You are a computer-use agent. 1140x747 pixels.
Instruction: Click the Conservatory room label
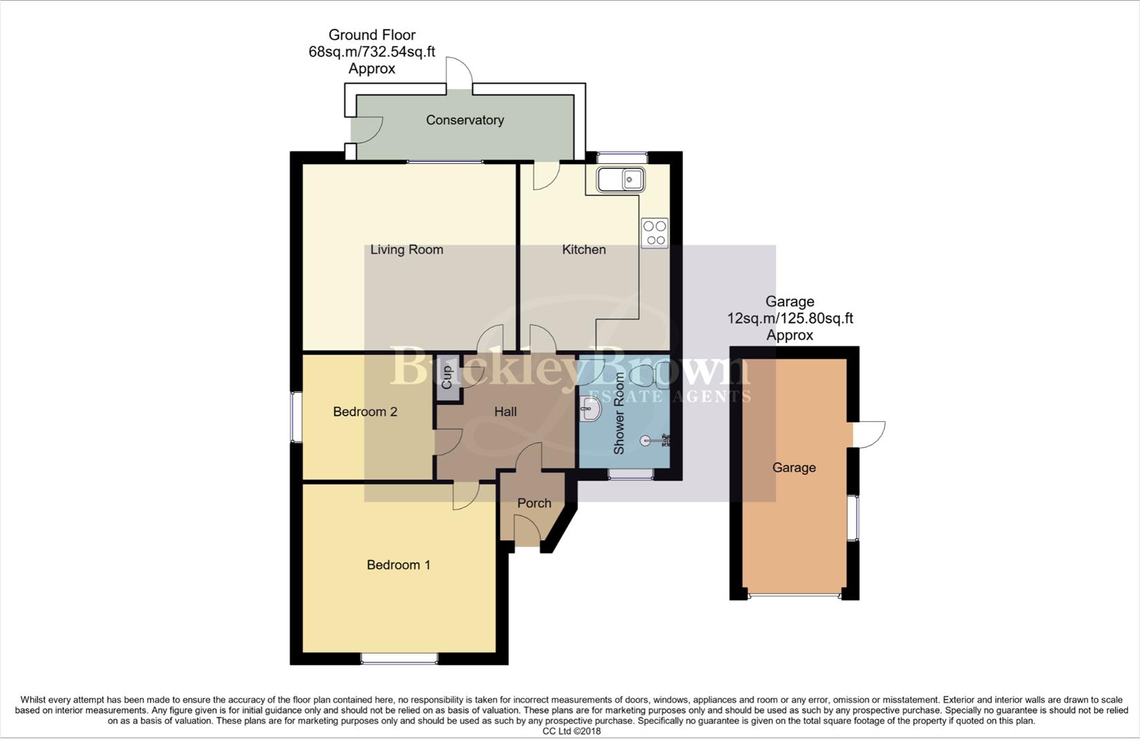pyautogui.click(x=465, y=120)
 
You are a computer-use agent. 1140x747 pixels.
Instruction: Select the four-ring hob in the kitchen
pyautogui.click(x=654, y=233)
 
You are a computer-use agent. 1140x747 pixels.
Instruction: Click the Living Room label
pyautogui.click(x=407, y=250)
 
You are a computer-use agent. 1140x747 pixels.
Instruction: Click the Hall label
pyautogui.click(x=505, y=412)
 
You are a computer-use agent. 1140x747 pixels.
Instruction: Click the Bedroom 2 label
pyautogui.click(x=365, y=412)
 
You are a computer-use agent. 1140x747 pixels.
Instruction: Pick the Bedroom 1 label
pyautogui.click(x=398, y=565)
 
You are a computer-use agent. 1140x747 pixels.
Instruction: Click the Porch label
pyautogui.click(x=534, y=503)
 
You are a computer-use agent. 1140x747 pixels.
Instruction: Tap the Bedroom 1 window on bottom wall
pyautogui.click(x=399, y=658)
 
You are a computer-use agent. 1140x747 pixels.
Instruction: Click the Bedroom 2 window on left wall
pyautogui.click(x=295, y=417)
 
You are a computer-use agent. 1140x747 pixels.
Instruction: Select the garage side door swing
pyautogui.click(x=869, y=434)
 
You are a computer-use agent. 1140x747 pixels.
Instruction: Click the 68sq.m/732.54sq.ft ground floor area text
pyautogui.click(x=372, y=52)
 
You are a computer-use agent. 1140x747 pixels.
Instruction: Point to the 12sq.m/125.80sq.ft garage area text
pyautogui.click(x=789, y=319)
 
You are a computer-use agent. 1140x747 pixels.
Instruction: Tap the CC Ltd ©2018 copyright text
pyautogui.click(x=571, y=731)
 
